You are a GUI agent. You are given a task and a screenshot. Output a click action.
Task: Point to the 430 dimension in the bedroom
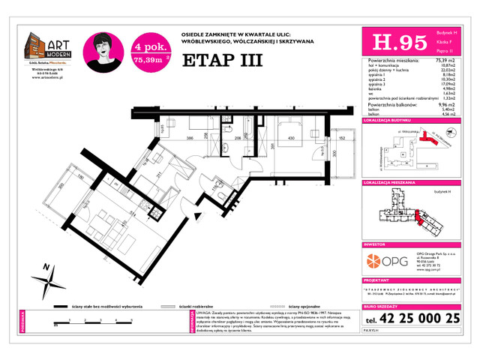point(289,138)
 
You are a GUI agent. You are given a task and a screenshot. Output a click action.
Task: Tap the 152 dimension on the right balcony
point(340,139)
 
